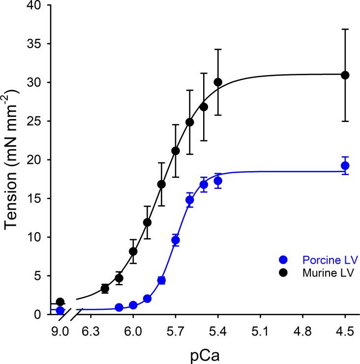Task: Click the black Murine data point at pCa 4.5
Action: click(345, 75)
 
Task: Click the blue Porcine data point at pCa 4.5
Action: click(345, 165)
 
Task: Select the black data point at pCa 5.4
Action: click(218, 82)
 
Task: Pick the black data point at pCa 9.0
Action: click(60, 302)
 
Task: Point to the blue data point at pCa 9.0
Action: click(60, 310)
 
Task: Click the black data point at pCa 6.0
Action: click(133, 251)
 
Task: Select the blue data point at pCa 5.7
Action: click(176, 240)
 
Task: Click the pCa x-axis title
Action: click(203, 353)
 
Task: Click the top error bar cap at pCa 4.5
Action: click(345, 30)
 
